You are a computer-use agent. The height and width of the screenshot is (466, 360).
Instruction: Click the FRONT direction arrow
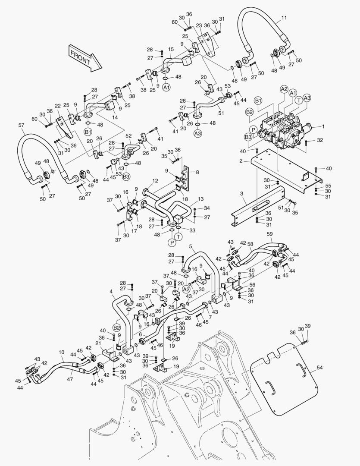(x=85, y=57)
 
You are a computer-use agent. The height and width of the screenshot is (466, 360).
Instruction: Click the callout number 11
(x=284, y=18)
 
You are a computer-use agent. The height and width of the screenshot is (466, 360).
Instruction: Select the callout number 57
(x=21, y=125)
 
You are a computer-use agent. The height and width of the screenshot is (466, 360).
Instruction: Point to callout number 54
(x=319, y=367)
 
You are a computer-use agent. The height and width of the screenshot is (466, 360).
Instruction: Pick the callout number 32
(x=319, y=140)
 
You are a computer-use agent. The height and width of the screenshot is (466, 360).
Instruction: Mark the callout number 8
(x=197, y=172)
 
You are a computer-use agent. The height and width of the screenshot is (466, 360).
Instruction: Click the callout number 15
(x=171, y=50)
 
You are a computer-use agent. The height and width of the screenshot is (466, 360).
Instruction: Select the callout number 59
(x=270, y=234)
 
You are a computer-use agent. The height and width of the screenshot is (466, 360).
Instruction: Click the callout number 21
(x=99, y=343)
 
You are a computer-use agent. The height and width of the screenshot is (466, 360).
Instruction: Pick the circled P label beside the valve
(x=254, y=129)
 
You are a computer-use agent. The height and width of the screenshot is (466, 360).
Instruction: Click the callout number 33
(x=192, y=230)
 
